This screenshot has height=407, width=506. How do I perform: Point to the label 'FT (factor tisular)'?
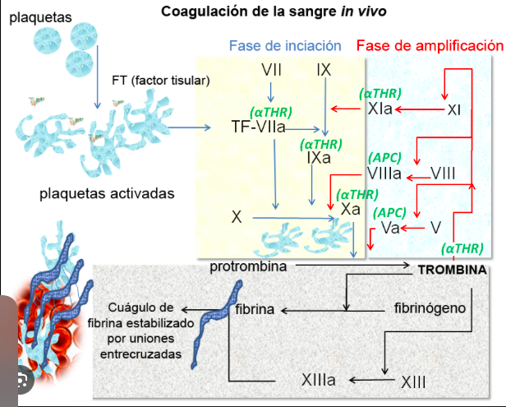pos(161,80)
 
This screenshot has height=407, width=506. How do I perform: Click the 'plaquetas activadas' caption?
pos(107,193)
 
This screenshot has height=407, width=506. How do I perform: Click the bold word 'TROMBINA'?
pos(453,269)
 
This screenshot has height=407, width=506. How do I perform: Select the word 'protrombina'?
pos(248,266)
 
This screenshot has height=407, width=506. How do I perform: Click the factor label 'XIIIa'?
pos(322,380)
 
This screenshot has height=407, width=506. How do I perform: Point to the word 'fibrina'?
pos(255,310)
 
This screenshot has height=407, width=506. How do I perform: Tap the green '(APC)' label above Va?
pos(390,212)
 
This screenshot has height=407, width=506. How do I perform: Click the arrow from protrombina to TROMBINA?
pos(352,266)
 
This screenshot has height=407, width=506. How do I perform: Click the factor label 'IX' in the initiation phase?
pos(323,70)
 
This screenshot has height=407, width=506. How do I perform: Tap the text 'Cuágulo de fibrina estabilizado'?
pos(145,316)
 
